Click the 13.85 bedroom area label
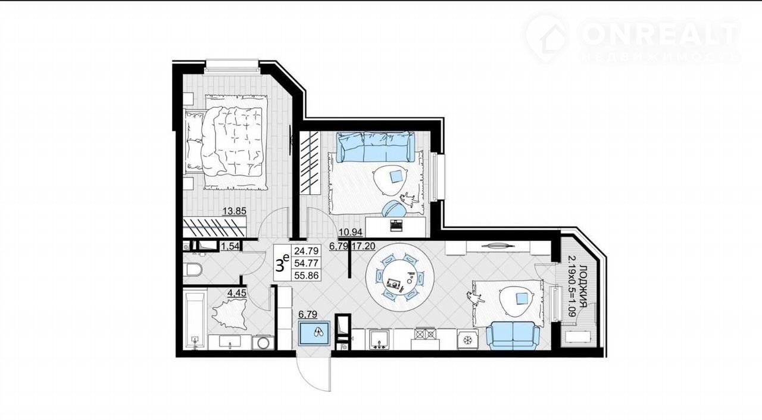pyautogui.click(x=235, y=211)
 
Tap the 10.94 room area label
pyautogui.click(x=351, y=232)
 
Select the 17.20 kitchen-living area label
pyautogui.click(x=363, y=245)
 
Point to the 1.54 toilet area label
pyautogui.click(x=230, y=246)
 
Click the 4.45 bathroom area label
pyautogui.click(x=237, y=293)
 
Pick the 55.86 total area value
pyautogui.click(x=306, y=275)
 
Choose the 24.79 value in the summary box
pyautogui.click(x=306, y=251)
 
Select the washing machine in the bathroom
pyautogui.click(x=263, y=343)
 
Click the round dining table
pyautogui.click(x=399, y=276)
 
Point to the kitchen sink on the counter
pyautogui.click(x=379, y=340)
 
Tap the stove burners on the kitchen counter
pyautogui.click(x=425, y=334)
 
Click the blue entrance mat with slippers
pyautogui.click(x=314, y=332)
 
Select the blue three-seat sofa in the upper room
pyautogui.click(x=376, y=147)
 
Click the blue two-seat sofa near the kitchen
pyautogui.click(x=513, y=335)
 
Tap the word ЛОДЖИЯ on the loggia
pyautogui.click(x=583, y=285)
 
